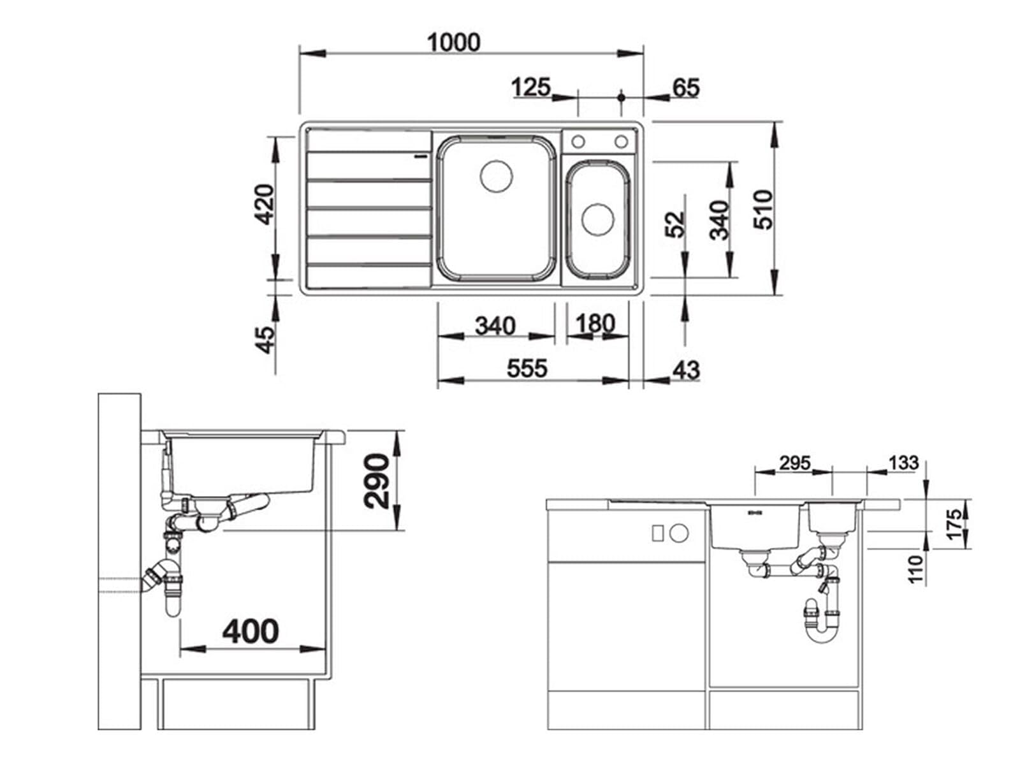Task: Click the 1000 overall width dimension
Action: [x=453, y=42]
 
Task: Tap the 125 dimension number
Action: [x=530, y=87]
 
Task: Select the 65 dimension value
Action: [x=685, y=87]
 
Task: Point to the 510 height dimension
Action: [x=762, y=209]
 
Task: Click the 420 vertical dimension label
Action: [x=265, y=204]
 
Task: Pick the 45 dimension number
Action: [x=265, y=340]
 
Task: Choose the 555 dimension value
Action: [x=527, y=368]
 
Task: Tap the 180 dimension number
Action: [x=595, y=323]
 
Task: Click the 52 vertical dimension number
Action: [x=674, y=224]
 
